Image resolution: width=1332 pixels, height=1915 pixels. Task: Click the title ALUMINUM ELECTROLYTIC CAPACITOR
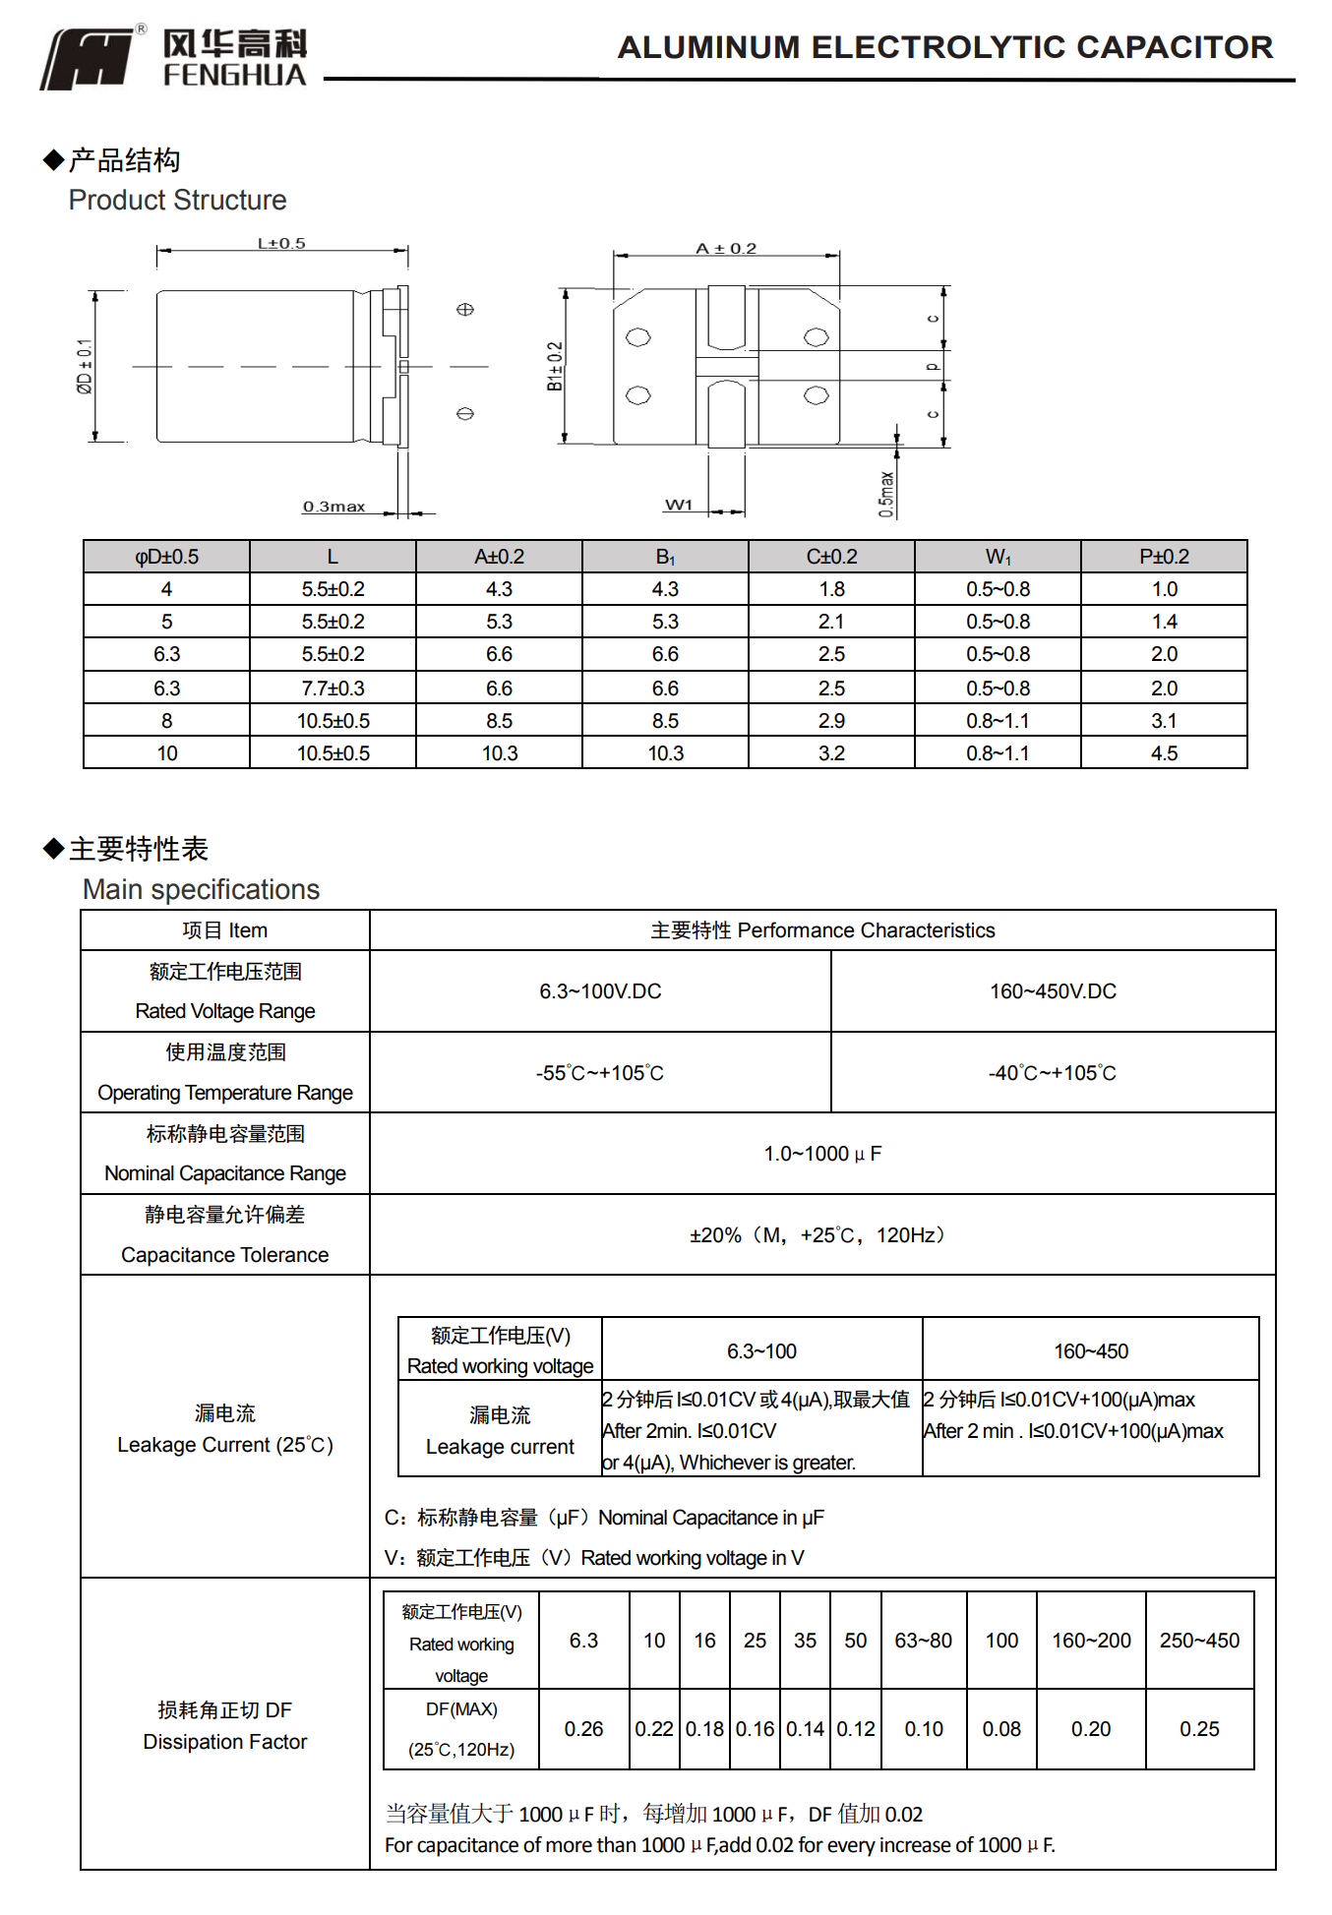tap(944, 47)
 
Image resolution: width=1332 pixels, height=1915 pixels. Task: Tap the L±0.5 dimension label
tap(281, 243)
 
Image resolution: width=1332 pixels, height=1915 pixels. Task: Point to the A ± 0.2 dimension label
tap(726, 248)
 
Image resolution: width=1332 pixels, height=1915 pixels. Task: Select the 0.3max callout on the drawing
tap(333, 507)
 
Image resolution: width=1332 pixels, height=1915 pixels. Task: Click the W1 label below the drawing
tap(679, 505)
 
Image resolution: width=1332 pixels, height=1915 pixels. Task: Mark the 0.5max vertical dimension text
tap(886, 494)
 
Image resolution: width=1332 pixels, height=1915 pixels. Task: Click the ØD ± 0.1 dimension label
tap(85, 367)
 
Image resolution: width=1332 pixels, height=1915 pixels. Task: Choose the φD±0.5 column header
tap(166, 557)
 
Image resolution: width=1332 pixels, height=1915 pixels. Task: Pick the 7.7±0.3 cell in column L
tap(333, 688)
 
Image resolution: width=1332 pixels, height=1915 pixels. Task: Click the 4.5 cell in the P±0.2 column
tap(1164, 753)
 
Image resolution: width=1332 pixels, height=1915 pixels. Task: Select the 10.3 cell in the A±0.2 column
tap(499, 753)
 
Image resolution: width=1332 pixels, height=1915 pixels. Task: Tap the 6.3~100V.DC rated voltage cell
tap(600, 991)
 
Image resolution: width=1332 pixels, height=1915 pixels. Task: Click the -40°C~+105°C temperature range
tap(1052, 1073)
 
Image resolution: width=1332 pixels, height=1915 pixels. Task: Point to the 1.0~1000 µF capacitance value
tap(822, 1154)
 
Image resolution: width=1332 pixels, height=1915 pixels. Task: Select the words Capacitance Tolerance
tap(224, 1255)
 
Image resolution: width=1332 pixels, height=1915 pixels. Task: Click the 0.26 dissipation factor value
tap(583, 1729)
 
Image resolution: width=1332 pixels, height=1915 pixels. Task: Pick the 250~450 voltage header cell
tap(1199, 1641)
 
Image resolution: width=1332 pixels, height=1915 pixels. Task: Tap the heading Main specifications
tap(201, 889)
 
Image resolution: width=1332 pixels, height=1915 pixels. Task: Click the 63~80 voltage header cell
tap(923, 1641)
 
